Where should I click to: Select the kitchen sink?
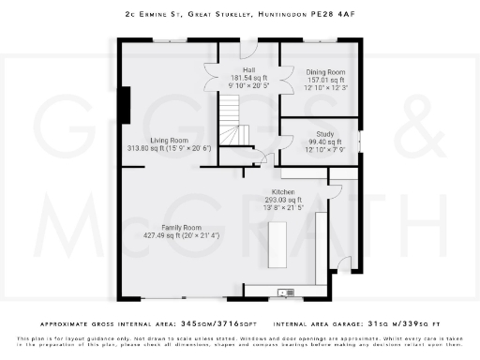[287, 292]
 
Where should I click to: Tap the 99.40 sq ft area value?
[324, 142]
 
